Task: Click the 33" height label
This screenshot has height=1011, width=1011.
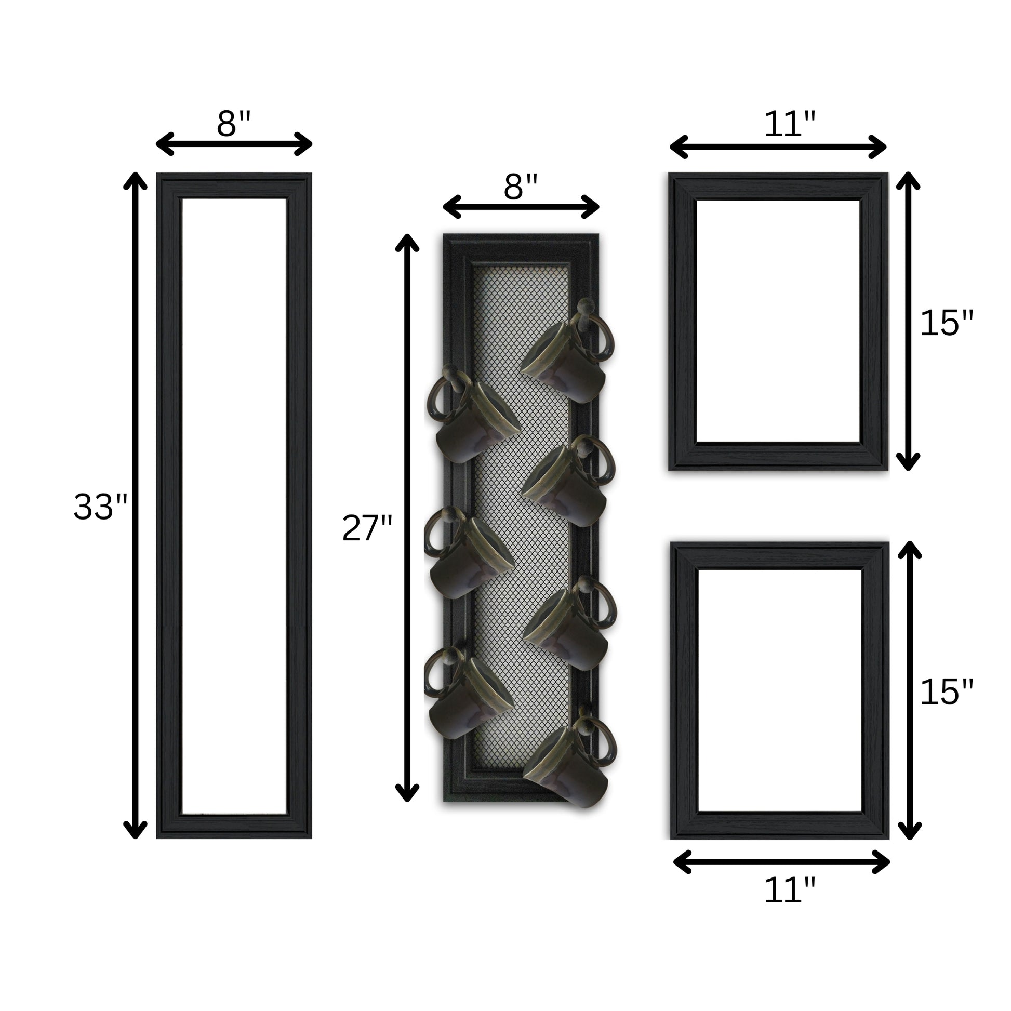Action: pos(100,507)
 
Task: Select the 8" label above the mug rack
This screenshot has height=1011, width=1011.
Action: pos(521,187)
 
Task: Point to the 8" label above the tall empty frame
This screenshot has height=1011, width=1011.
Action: pos(234,124)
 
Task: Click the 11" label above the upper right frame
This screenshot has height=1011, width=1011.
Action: pos(790,124)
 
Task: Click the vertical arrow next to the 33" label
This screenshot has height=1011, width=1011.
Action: pos(135,505)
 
